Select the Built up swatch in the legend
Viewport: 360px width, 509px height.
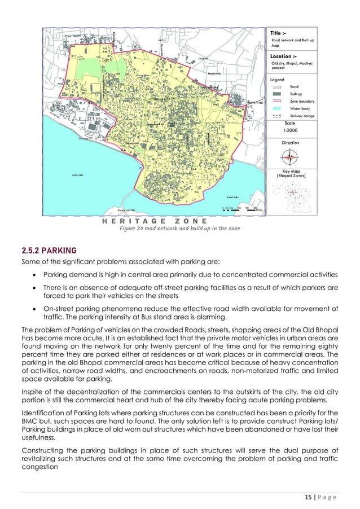[276, 93]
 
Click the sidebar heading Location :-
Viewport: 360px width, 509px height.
[283, 56]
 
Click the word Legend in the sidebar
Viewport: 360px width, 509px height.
[276, 80]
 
